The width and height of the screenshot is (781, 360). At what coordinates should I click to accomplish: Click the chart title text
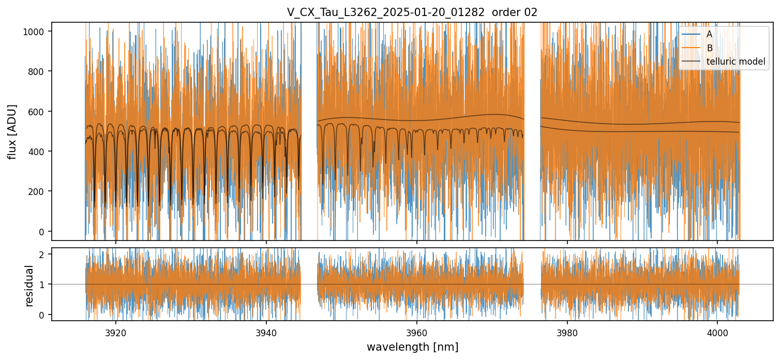click(x=412, y=12)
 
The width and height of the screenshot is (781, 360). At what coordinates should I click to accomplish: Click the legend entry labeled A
click(x=709, y=34)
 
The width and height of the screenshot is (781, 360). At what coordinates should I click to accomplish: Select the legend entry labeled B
click(x=709, y=48)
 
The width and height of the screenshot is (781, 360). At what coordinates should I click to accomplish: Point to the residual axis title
click(x=29, y=284)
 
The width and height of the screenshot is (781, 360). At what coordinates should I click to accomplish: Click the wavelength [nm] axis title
click(x=412, y=347)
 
